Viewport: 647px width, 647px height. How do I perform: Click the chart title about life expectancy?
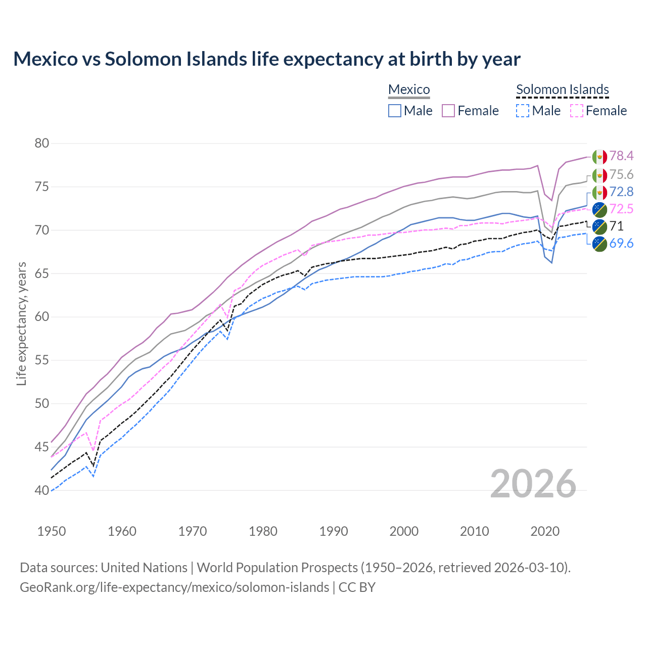coord(266,59)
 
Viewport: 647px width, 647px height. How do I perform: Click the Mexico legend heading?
coord(409,89)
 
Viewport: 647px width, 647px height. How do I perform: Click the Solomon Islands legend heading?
coord(562,89)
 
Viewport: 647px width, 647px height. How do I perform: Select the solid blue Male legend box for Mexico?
coord(395,111)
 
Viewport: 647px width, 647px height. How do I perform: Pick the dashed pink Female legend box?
coord(577,111)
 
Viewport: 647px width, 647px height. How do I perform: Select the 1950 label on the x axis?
coord(52,531)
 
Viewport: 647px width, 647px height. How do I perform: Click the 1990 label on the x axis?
coord(334,531)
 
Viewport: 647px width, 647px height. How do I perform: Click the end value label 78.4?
coord(621,156)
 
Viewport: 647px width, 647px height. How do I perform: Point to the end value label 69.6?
coord(621,244)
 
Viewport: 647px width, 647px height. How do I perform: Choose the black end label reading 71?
coord(616,226)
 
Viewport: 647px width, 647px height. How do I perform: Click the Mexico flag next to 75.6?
coord(599,175)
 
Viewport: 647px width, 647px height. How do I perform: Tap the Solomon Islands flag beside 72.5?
coord(599,209)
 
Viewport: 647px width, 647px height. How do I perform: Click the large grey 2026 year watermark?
coord(533,484)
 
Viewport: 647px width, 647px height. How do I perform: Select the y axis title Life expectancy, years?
coord(21,323)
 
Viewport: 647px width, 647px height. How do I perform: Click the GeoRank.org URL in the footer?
coord(174,587)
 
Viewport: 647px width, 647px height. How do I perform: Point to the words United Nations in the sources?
coord(144,568)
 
